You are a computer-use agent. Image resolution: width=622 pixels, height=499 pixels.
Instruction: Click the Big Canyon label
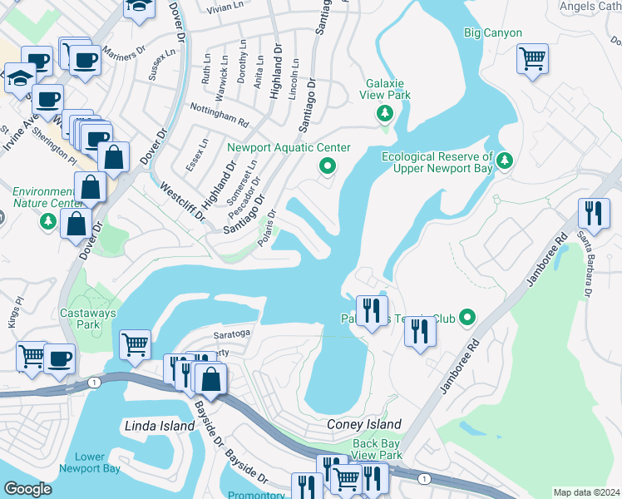[492, 33]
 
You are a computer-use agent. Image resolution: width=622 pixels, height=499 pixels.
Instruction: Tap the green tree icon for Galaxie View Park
[384, 113]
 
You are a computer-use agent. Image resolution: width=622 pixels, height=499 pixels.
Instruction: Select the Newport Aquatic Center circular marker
[328, 167]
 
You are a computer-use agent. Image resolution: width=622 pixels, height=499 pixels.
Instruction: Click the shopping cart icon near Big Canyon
[532, 60]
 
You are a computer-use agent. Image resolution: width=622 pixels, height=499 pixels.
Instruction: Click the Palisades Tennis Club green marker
[468, 318]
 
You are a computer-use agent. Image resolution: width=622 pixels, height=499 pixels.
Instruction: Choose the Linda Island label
[159, 426]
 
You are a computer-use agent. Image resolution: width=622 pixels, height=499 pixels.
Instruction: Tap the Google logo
[27, 488]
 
